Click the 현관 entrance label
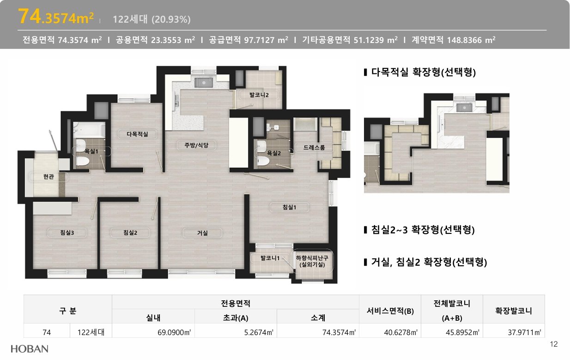click(x=49, y=177)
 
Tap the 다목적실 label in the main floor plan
click(x=137, y=134)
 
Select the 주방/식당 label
click(x=196, y=145)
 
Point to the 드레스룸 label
click(x=314, y=147)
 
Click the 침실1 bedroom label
click(x=289, y=207)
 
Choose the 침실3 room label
click(x=67, y=232)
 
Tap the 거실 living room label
click(x=203, y=233)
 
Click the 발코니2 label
click(x=259, y=95)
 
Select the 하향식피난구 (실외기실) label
click(x=312, y=261)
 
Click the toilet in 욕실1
click(x=82, y=161)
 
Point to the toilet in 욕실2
click(x=263, y=161)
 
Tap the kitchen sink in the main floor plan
click(x=203, y=82)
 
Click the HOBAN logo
click(x=30, y=349)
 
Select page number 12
click(x=554, y=344)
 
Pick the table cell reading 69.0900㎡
click(x=174, y=332)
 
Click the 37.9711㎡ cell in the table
click(x=524, y=332)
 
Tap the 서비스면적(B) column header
click(x=390, y=311)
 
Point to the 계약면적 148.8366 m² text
click(x=454, y=40)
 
